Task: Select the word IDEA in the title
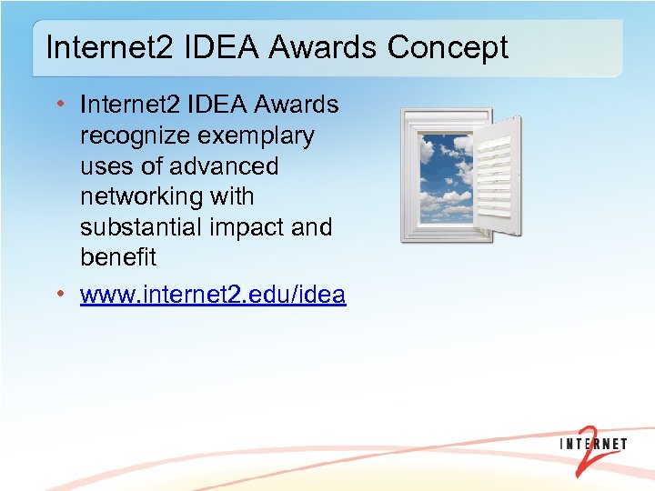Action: point(201,47)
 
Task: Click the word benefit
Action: point(118,257)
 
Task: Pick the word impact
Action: point(247,227)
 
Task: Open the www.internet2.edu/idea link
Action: point(213,296)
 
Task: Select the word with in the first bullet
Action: point(232,197)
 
